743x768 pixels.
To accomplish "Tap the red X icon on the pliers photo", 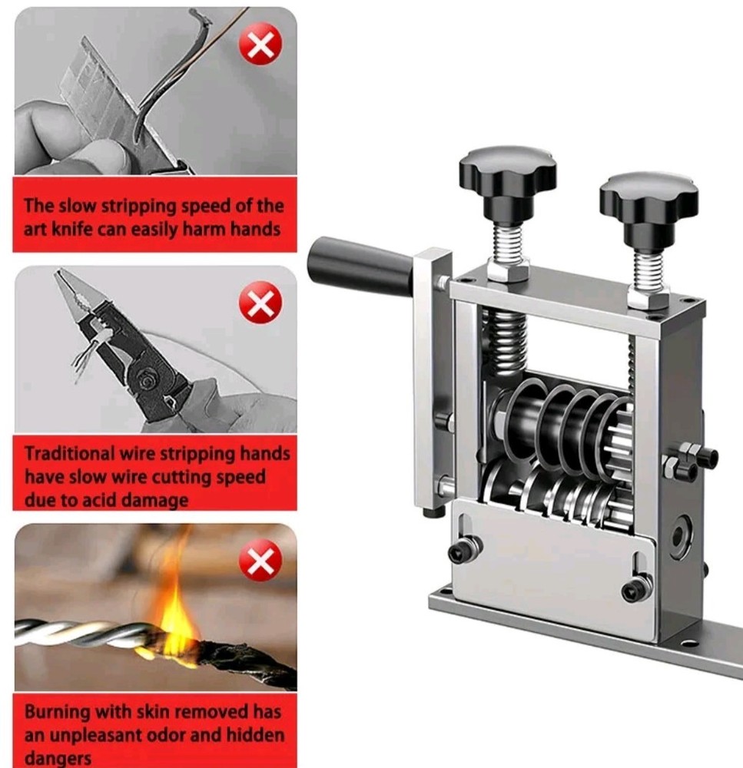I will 260,305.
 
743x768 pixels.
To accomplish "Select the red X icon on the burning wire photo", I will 260,560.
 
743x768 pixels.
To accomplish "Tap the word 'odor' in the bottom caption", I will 201,735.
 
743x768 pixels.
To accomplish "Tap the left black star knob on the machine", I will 507,173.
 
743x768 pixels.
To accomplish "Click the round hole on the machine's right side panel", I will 679,538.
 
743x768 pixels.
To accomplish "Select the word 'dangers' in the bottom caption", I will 58,759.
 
